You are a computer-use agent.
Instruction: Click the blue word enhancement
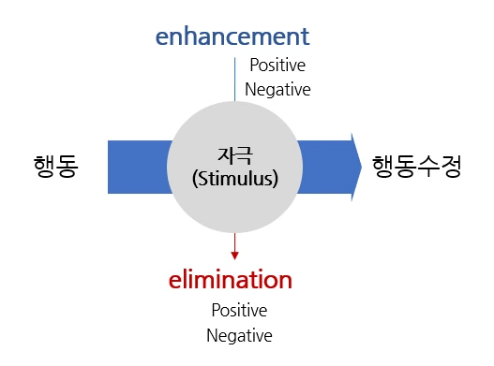tap(232, 37)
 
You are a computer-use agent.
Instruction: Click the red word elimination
tap(231, 280)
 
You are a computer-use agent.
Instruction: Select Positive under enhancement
tap(277, 66)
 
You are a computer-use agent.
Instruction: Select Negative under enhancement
tap(277, 90)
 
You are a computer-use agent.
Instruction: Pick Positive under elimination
tap(239, 311)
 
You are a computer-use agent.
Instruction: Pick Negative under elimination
tap(239, 335)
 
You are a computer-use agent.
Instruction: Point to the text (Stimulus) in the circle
tap(234, 178)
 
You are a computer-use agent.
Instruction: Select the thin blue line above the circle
tap(234, 80)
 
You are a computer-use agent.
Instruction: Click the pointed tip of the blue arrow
tap(361, 167)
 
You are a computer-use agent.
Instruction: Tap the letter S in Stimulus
tap(202, 178)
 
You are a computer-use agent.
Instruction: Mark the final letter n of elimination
tap(285, 281)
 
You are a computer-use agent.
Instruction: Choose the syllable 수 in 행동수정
tap(427, 167)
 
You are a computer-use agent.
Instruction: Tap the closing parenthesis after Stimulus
tap(276, 178)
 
